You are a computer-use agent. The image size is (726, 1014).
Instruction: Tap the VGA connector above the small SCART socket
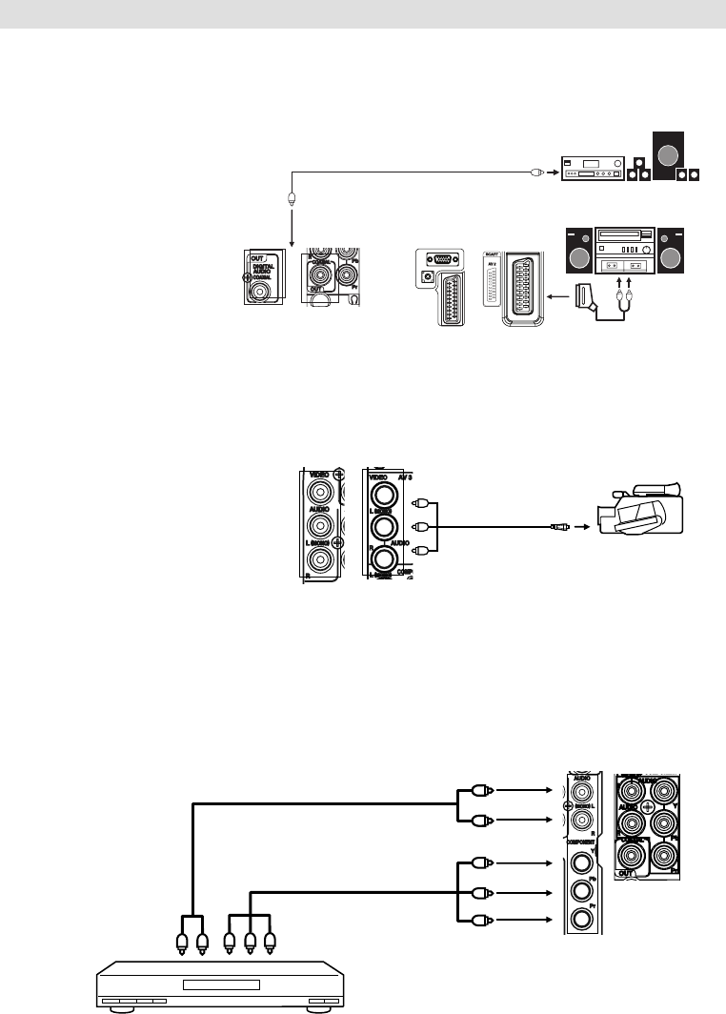(x=442, y=258)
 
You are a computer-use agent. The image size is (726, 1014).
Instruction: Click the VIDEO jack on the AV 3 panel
(x=385, y=495)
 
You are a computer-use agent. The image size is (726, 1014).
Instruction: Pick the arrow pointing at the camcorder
(x=581, y=525)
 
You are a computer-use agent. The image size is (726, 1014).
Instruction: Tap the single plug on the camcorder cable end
(x=559, y=525)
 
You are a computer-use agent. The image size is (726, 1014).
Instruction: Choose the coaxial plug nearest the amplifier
(x=537, y=172)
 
